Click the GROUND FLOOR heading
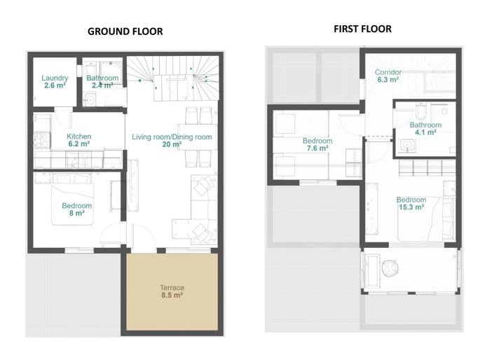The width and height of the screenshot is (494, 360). pos(125,32)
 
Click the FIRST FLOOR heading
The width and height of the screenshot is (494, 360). pos(362,29)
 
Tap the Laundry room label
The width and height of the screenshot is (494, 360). pos(55,78)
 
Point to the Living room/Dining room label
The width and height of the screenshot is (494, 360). pos(172,137)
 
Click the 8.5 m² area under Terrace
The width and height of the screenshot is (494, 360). pos(172,296)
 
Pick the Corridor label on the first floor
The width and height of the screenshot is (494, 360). pos(387,72)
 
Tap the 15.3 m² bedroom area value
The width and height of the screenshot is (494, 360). pos(410,207)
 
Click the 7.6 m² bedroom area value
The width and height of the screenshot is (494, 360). pos(317,148)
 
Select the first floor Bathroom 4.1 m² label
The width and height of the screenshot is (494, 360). pos(425,129)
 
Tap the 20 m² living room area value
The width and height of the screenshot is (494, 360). pos(172,145)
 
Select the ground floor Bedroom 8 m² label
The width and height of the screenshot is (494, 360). pos(76,209)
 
